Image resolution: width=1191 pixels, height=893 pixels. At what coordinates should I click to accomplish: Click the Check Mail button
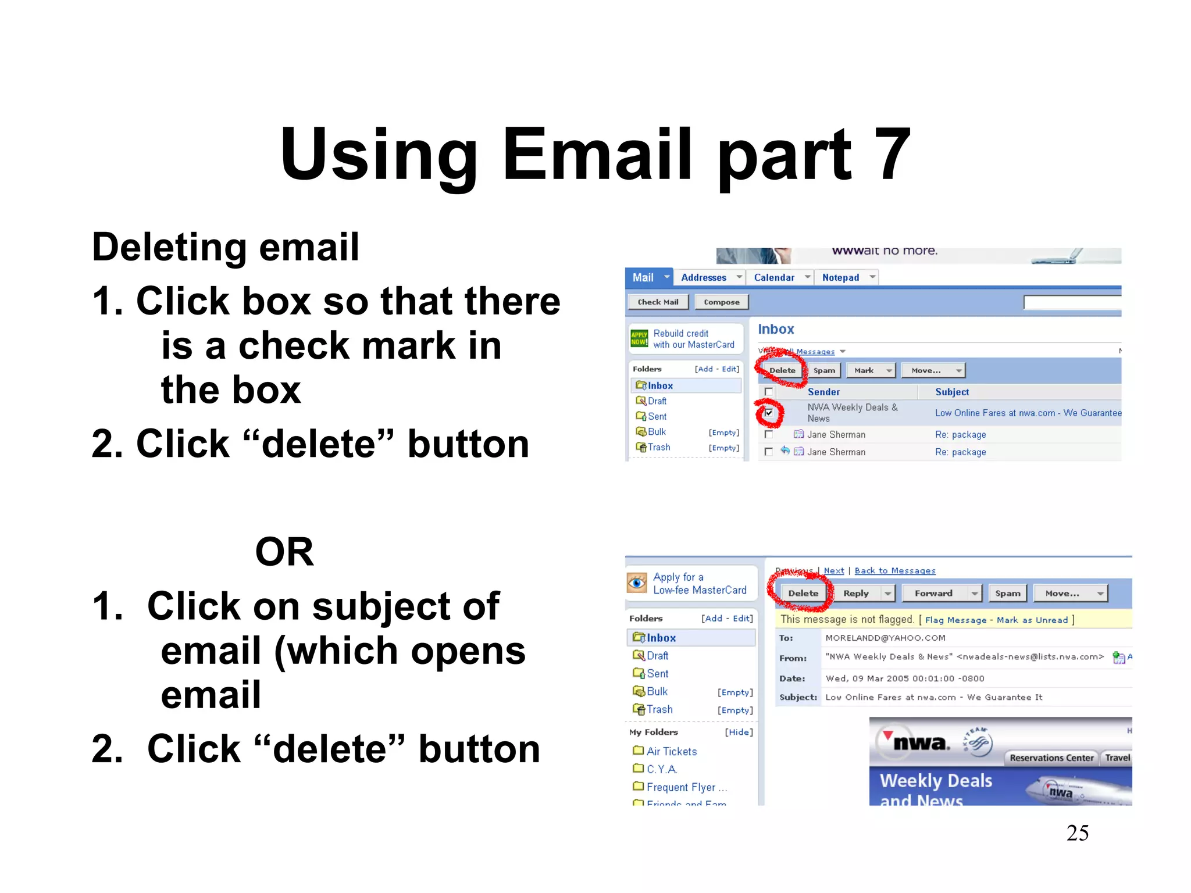click(x=658, y=302)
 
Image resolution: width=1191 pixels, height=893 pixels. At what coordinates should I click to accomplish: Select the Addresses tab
click(x=704, y=278)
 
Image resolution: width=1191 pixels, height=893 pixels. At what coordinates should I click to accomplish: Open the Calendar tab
click(x=774, y=278)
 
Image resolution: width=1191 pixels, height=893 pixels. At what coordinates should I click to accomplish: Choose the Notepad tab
click(x=840, y=278)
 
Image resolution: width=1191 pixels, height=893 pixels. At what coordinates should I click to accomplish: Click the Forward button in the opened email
click(x=933, y=593)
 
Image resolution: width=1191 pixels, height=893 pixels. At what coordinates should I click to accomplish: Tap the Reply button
click(x=856, y=593)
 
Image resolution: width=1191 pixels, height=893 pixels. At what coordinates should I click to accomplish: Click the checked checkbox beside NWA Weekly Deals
click(x=769, y=413)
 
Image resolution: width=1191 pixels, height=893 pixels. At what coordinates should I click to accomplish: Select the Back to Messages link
click(x=895, y=571)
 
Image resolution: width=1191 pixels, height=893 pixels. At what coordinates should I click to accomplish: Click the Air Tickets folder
click(x=671, y=751)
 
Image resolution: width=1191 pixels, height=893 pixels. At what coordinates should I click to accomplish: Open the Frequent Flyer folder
click(x=681, y=787)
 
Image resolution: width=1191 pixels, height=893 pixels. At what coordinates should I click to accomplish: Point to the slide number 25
click(x=1077, y=833)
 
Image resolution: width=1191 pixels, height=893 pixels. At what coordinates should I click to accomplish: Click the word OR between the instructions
click(x=284, y=552)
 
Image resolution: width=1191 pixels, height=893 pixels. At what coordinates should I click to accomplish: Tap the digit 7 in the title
click(x=892, y=155)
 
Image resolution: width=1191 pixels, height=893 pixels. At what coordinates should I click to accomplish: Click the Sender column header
click(x=823, y=392)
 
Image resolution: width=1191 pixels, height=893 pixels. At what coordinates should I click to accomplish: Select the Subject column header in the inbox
click(x=952, y=392)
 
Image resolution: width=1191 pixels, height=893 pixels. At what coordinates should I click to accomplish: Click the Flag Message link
click(x=955, y=620)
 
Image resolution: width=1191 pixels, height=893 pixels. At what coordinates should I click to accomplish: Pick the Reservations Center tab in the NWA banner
click(x=1051, y=758)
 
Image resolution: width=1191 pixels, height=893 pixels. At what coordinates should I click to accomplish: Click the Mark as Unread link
click(x=1032, y=620)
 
